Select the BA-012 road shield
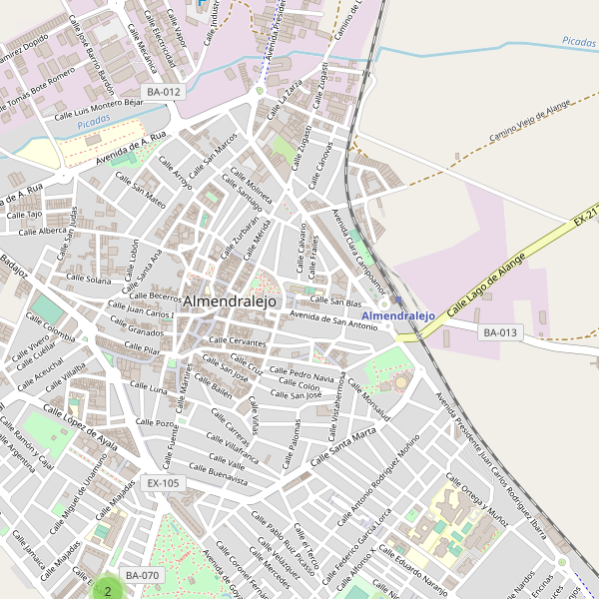(x=164, y=92)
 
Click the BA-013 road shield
(x=501, y=332)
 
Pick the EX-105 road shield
(x=163, y=483)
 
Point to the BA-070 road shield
(x=142, y=576)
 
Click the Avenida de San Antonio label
(x=333, y=320)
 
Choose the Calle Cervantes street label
(x=238, y=341)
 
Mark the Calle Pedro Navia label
(x=303, y=376)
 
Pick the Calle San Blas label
(x=335, y=301)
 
